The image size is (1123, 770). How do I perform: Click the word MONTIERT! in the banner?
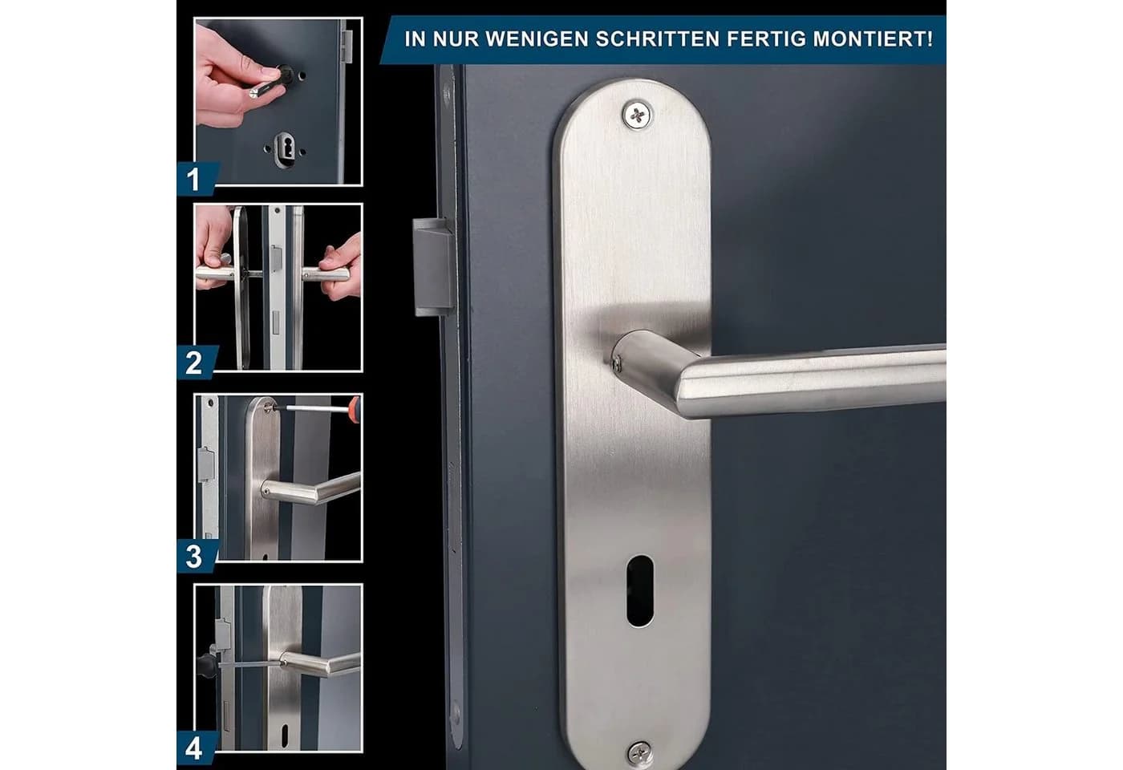[x=873, y=38]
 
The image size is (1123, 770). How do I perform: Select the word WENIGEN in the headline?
[x=537, y=38]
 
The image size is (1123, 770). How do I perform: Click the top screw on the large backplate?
[x=637, y=115]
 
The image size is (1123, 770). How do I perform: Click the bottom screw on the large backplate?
[x=641, y=753]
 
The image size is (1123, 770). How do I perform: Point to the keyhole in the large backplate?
[x=640, y=590]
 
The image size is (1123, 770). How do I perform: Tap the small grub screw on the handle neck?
[x=617, y=363]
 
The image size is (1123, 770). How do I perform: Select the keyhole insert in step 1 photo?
[x=284, y=149]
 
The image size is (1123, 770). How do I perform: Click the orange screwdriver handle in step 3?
[x=355, y=409]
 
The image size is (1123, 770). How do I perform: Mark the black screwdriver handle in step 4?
[x=206, y=665]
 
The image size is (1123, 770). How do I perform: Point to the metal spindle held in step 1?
[x=263, y=89]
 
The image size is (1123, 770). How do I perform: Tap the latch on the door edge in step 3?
[x=206, y=464]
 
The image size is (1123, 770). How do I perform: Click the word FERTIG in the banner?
[x=766, y=38]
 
